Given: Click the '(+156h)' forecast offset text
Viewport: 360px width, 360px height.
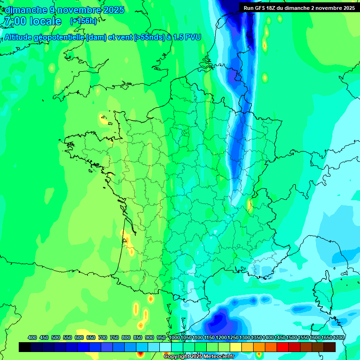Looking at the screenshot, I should click(x=83, y=21).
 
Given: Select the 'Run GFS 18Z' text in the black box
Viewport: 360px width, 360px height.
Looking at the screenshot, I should click(x=261, y=7).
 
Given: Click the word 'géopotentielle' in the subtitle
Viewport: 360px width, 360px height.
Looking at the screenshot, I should click(x=60, y=37).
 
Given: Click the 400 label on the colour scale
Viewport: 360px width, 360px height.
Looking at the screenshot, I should click(x=32, y=337).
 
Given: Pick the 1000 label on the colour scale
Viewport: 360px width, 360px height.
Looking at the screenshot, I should click(x=174, y=337).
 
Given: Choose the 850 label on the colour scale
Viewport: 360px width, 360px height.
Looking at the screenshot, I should click(x=138, y=337).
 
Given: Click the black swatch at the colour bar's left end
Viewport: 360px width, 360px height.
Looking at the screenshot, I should click(x=25, y=347).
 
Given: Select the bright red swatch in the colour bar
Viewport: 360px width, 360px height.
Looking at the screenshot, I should click(x=283, y=347).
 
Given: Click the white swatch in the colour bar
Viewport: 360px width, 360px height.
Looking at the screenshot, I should click(x=165, y=347).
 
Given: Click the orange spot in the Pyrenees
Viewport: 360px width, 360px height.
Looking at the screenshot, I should click(x=150, y=299).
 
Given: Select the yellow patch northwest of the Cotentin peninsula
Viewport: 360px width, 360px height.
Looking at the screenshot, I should click(x=104, y=120).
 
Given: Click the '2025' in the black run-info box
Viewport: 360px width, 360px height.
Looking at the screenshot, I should click(x=347, y=7).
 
